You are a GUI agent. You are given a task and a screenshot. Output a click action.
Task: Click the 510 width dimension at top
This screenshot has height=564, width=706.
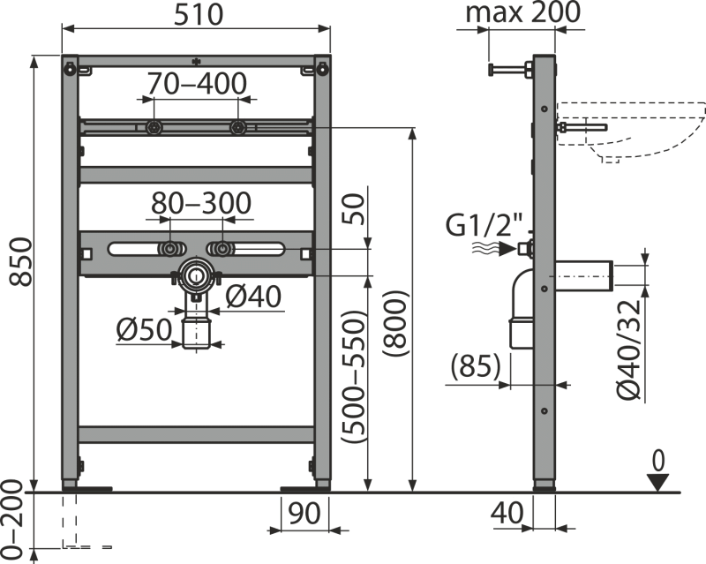pyautogui.click(x=196, y=14)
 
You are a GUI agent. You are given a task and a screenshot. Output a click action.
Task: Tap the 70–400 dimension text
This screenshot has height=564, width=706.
pyautogui.click(x=196, y=85)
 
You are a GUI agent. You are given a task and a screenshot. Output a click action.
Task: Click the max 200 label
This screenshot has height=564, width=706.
pyautogui.click(x=522, y=12)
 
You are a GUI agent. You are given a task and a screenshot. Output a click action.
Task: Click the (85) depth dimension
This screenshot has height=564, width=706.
pyautogui.click(x=475, y=365)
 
